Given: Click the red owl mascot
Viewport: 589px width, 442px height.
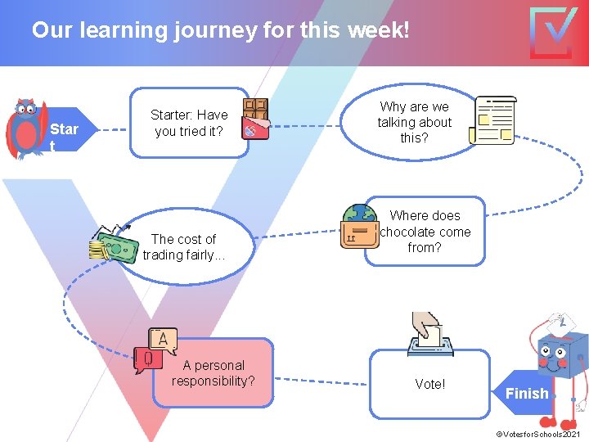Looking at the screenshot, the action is click(26, 127).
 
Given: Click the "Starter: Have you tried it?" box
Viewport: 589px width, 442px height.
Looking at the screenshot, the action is click(190, 123).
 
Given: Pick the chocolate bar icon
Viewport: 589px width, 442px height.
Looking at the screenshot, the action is click(256, 119).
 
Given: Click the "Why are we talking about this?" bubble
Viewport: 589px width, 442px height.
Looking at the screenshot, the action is click(414, 122).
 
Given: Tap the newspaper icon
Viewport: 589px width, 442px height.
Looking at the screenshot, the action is click(496, 120).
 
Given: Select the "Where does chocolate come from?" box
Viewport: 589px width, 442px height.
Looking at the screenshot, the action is click(425, 231).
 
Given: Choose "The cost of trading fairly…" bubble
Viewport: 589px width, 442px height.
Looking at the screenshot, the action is click(184, 246).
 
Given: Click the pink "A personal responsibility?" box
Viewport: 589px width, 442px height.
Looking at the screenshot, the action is click(214, 373).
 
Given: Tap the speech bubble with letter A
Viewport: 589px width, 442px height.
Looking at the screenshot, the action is click(163, 340).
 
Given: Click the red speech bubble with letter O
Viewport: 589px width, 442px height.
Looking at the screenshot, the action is click(148, 359).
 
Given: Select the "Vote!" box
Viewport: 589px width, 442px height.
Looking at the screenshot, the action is click(429, 384).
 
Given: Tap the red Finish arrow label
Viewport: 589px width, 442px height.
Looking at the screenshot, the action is click(528, 394).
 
